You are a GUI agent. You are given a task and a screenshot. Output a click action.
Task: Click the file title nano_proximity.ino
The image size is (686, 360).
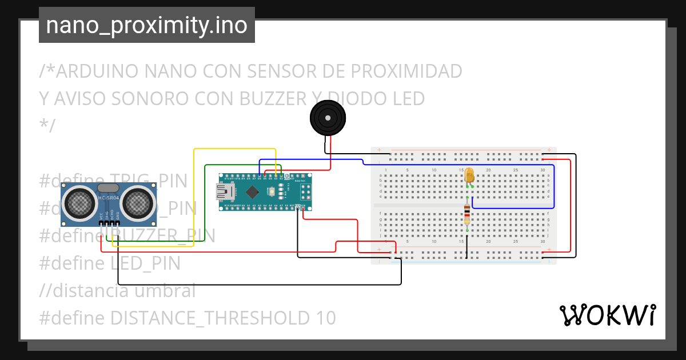click(x=146, y=25)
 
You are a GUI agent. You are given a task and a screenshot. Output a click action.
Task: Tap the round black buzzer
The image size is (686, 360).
click(x=328, y=119)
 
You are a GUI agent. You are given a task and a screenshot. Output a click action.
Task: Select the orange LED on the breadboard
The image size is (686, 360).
click(x=469, y=176)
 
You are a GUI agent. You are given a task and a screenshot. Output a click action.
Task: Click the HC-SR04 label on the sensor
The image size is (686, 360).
click(x=109, y=198)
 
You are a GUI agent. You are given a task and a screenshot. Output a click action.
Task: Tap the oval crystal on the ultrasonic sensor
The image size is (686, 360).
click(x=109, y=187)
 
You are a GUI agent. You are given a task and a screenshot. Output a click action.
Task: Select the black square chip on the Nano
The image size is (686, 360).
click(x=252, y=191)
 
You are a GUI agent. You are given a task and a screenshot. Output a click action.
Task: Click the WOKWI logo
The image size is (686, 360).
click(x=607, y=315)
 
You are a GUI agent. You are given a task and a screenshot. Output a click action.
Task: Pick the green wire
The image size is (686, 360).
click(x=205, y=200)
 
